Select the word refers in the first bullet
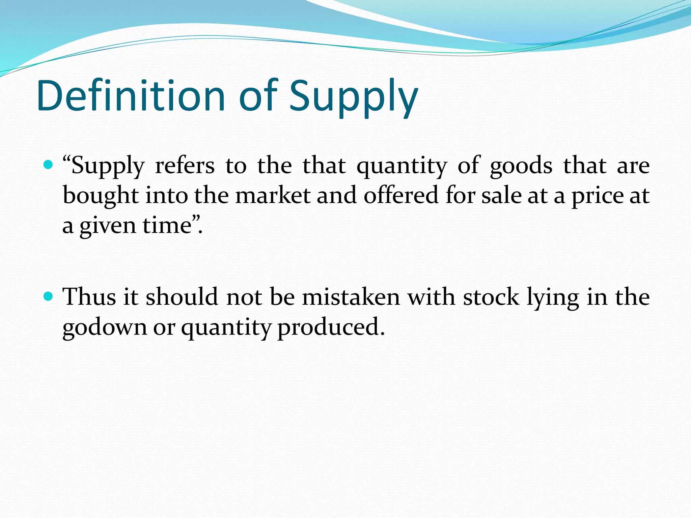tap(185, 166)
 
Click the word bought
tap(101, 196)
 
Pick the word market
tap(273, 196)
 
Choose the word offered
tap(400, 196)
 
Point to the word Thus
tap(89, 297)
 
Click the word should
tap(182, 297)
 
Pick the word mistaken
tap(351, 297)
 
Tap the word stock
tap(491, 297)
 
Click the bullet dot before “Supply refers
tap(49, 165)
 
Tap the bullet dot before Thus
tap(49, 296)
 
